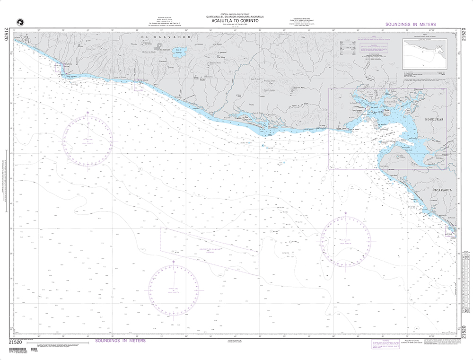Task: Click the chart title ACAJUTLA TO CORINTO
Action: pos(235,21)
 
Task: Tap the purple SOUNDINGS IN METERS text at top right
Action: pos(411,24)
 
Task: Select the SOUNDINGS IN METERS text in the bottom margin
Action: pos(120,341)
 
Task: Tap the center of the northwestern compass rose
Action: pos(88,140)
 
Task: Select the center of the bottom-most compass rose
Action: pos(174,289)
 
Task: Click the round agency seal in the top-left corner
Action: pos(19,20)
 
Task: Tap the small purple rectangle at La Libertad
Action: pos(138,85)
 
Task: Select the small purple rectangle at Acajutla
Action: pos(58,67)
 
